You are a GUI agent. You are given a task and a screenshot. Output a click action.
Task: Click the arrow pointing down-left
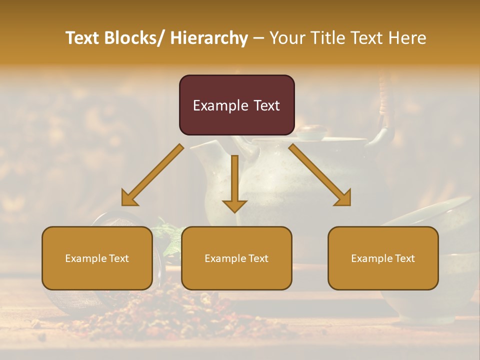pos(152,175)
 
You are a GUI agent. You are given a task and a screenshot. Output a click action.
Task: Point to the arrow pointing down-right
pos(320,175)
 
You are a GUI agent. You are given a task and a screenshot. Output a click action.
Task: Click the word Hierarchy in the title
pos(209,38)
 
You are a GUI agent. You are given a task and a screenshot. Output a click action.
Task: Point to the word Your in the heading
pos(286,38)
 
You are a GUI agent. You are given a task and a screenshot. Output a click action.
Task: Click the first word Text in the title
pos(82,38)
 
